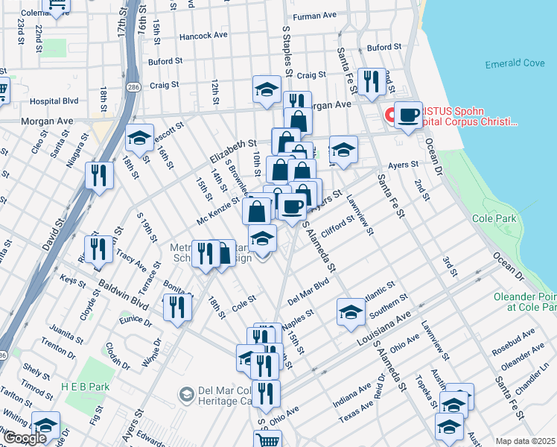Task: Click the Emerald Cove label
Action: pyautogui.click(x=515, y=63)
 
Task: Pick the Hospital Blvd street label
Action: pyautogui.click(x=54, y=101)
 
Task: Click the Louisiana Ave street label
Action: pyautogui.click(x=383, y=325)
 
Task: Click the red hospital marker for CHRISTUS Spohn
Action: pyautogui.click(x=389, y=116)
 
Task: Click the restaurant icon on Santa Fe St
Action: pyautogui.click(x=369, y=83)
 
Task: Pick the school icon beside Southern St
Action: pyautogui.click(x=351, y=311)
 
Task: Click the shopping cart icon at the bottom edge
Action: pyautogui.click(x=267, y=440)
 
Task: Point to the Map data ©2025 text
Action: pyautogui.click(x=525, y=441)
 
